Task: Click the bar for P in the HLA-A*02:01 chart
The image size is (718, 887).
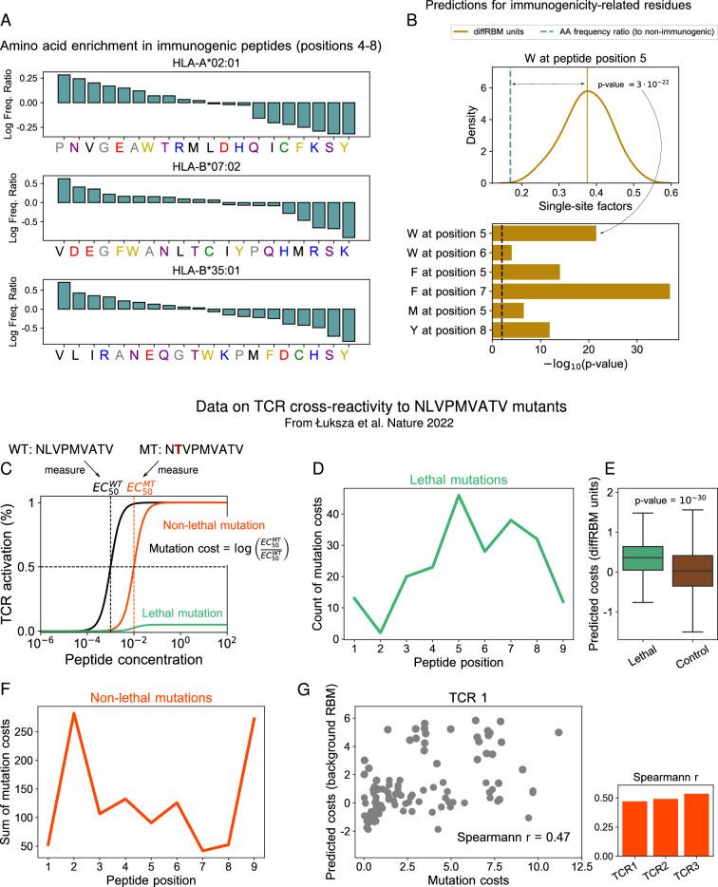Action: point(64,88)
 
